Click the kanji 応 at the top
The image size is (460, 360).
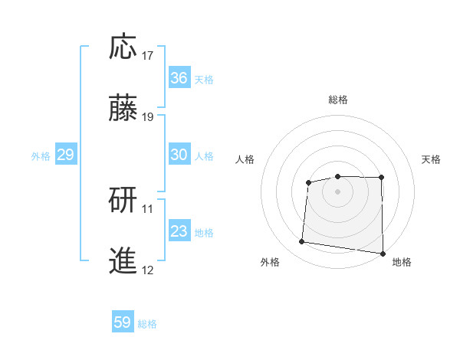point(123,48)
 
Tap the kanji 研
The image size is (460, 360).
point(123,200)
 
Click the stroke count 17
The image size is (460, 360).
point(148,56)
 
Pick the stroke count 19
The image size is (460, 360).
point(148,116)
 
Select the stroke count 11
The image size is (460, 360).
point(148,208)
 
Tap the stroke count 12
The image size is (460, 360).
point(148,270)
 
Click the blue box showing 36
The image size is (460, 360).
point(179,78)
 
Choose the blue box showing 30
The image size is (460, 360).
point(179,155)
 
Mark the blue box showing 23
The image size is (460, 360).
point(179,231)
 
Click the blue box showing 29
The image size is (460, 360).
point(66,155)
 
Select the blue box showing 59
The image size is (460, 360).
point(123,322)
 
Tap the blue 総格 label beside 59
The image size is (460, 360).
point(148,324)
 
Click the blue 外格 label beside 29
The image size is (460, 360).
point(41,156)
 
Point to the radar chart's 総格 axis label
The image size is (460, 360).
point(337,100)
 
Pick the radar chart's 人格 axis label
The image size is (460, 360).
point(245,159)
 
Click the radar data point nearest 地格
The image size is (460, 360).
point(383,254)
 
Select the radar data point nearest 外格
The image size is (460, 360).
point(302,242)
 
